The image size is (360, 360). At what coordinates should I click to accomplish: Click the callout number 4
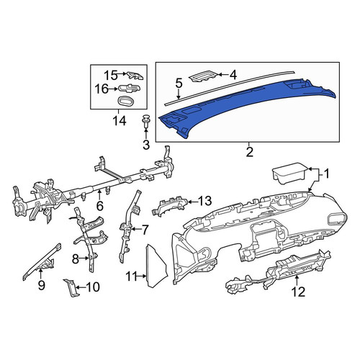(x=233, y=75)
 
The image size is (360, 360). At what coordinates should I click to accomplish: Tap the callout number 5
(x=179, y=84)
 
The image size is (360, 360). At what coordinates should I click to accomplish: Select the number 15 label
(x=111, y=75)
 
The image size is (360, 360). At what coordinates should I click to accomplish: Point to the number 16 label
(x=102, y=89)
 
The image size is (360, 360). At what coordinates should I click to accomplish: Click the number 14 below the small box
(x=120, y=121)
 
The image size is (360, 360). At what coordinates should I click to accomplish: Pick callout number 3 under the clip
(x=146, y=145)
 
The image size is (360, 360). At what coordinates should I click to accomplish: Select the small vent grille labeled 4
(x=203, y=76)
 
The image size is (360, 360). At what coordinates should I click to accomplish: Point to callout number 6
(x=99, y=206)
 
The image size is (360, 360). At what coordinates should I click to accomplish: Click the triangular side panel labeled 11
(x=156, y=266)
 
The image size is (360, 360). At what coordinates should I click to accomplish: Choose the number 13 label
(x=205, y=201)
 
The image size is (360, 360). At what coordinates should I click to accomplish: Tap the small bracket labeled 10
(x=71, y=288)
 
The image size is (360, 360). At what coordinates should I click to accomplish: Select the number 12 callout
(x=298, y=292)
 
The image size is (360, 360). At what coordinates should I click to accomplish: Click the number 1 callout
(x=327, y=174)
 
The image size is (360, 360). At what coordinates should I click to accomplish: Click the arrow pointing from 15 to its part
(x=122, y=74)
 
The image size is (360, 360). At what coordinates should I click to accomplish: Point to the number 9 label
(x=41, y=285)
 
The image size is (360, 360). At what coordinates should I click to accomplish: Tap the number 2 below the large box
(x=250, y=152)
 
